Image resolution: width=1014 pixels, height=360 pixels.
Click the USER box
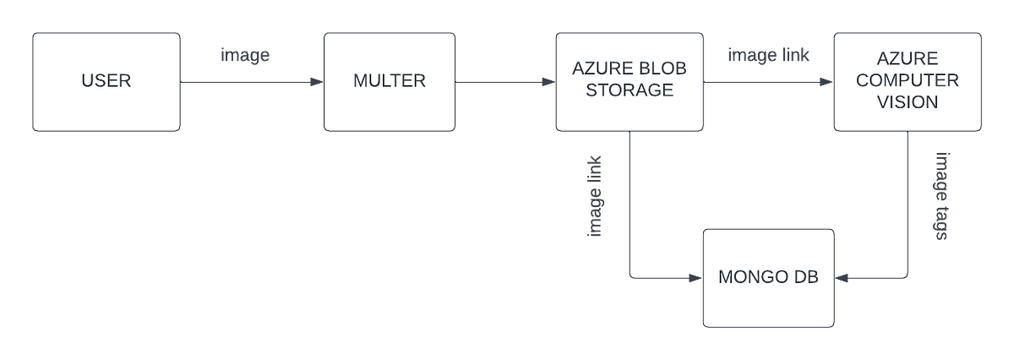(106, 82)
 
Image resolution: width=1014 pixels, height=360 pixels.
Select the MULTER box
(389, 82)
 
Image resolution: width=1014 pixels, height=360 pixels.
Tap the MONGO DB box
(768, 278)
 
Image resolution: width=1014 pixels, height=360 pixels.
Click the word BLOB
(657, 69)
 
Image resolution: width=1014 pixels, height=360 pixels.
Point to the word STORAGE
(629, 90)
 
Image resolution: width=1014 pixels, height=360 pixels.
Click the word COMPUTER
(908, 81)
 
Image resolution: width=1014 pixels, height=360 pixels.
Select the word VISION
(908, 101)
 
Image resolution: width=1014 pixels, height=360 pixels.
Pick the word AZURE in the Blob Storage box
(595, 69)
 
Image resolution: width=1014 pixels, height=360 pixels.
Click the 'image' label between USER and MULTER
(244, 57)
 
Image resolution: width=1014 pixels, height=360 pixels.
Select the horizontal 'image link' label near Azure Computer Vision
(768, 56)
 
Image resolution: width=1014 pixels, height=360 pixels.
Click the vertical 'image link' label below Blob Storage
(596, 196)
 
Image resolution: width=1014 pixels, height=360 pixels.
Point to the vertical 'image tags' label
(941, 196)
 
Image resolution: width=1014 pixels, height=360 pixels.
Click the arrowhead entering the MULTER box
(316, 83)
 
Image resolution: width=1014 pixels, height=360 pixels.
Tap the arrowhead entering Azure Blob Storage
(548, 83)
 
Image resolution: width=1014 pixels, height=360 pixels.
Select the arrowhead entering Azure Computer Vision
(826, 83)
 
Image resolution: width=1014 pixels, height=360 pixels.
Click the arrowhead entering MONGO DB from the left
(695, 277)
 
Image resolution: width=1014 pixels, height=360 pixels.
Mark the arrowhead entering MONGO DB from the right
(842, 277)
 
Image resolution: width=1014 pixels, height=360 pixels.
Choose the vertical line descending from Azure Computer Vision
(907, 203)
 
